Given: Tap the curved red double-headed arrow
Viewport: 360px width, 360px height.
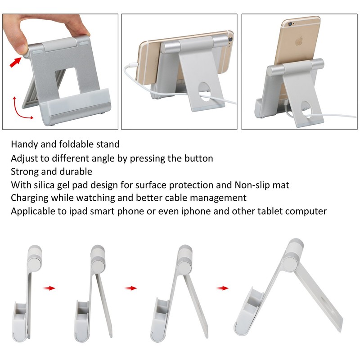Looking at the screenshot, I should tap(19, 107).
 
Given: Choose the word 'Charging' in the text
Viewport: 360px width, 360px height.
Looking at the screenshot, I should tap(30, 198).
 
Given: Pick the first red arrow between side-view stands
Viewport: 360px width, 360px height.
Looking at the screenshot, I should tap(50, 288).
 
